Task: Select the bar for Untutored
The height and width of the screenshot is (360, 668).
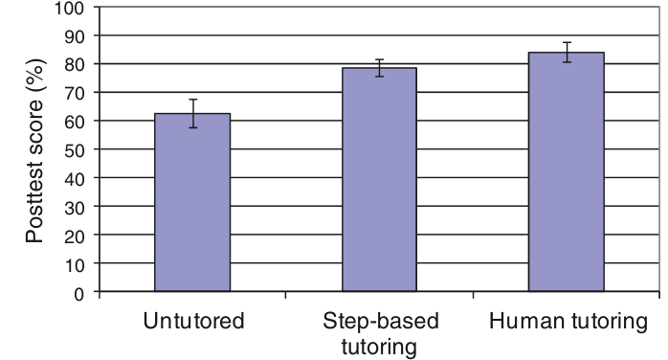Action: (x=192, y=202)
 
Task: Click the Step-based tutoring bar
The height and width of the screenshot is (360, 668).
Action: (x=379, y=179)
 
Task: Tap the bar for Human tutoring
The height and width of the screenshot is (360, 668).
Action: (x=567, y=171)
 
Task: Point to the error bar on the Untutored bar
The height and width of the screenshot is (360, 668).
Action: (x=193, y=113)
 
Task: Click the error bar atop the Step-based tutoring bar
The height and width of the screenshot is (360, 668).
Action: (x=380, y=68)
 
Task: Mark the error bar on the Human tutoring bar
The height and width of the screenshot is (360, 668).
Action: (x=567, y=53)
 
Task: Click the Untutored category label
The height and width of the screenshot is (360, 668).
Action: (x=193, y=321)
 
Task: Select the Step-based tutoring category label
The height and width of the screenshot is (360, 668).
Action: (x=380, y=333)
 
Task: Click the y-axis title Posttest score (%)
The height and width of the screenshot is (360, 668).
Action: (x=35, y=151)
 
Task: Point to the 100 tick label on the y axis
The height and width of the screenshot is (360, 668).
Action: (x=70, y=8)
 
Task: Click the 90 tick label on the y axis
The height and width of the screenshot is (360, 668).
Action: (x=75, y=35)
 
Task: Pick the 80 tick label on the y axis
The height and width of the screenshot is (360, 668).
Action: (x=75, y=64)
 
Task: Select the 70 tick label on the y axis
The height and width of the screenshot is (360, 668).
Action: (x=75, y=93)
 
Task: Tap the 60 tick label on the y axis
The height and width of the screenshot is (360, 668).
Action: (x=75, y=122)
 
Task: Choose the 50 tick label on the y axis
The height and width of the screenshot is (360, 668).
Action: (x=75, y=150)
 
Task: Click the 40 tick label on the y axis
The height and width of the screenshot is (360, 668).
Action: (x=75, y=178)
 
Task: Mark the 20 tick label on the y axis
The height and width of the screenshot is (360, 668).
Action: (x=75, y=236)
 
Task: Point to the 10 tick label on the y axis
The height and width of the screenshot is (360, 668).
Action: (x=75, y=264)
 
